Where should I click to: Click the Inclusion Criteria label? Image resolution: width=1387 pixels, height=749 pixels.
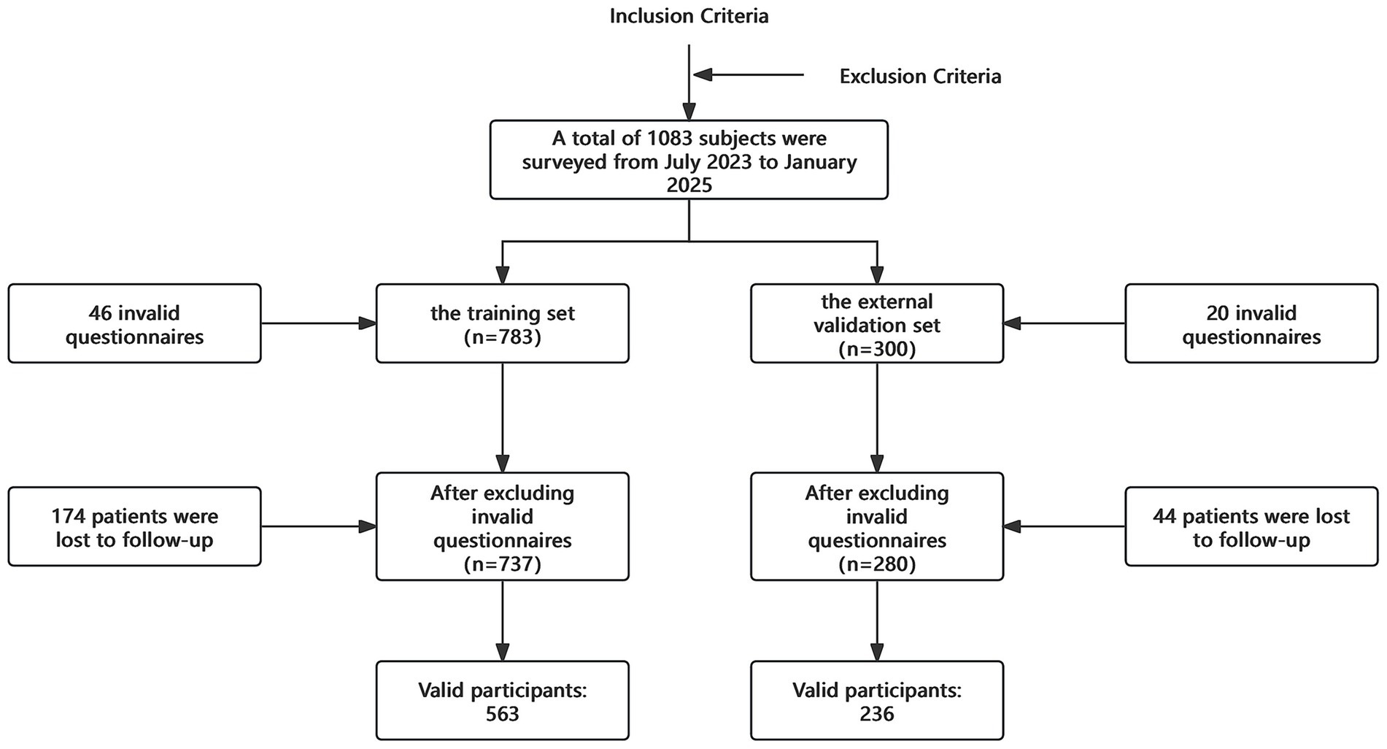point(689,16)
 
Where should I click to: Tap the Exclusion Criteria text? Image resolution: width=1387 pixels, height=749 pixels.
point(920,77)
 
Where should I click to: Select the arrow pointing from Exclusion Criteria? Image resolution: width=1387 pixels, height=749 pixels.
point(748,74)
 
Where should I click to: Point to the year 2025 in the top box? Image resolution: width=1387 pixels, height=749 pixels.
point(689,185)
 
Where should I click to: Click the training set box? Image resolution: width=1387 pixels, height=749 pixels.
point(502,323)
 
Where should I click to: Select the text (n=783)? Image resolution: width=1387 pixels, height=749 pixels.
point(502,337)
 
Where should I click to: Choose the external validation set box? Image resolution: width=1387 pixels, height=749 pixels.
point(876,323)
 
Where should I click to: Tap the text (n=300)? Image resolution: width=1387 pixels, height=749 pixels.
point(876,349)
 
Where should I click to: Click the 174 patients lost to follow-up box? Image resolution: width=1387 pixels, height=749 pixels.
point(134,527)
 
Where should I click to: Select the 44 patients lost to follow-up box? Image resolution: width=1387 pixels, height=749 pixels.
point(1251,527)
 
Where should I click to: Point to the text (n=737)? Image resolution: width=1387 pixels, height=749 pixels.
point(502,564)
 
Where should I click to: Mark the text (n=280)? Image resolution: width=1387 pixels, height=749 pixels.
point(876,564)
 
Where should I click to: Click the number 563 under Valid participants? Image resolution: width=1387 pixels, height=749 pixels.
point(502,714)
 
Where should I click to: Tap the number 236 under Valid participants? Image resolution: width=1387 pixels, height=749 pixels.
point(876,714)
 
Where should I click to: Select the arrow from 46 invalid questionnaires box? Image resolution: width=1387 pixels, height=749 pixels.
point(318,323)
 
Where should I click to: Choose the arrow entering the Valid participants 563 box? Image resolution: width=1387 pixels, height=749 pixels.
point(502,621)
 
